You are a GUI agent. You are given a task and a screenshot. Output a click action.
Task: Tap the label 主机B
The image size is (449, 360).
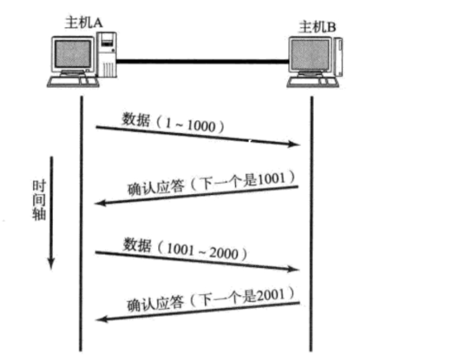tap(316, 27)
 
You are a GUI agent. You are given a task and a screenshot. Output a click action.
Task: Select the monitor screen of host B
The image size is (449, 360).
tap(309, 57)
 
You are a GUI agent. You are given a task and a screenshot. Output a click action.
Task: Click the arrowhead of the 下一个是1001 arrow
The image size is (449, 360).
tap(101, 204)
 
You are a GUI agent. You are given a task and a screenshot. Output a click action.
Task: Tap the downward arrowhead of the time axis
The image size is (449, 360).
tap(51, 263)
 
